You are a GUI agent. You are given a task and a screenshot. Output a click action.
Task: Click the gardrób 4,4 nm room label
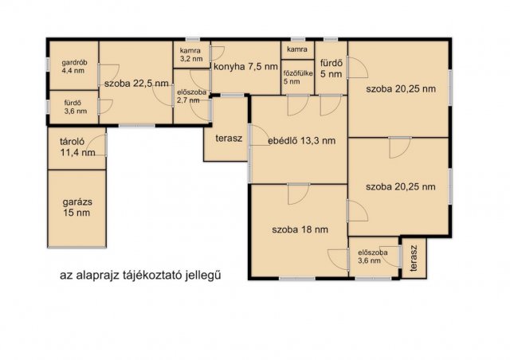(74, 67)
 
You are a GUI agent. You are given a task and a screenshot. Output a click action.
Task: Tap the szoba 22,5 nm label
(136, 84)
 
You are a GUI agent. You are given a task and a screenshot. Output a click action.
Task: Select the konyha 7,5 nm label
(245, 67)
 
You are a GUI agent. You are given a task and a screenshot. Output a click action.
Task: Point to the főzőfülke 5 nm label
(298, 77)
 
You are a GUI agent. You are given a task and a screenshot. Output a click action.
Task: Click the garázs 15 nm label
(77, 207)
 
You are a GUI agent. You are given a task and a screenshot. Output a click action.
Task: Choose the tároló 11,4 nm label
(77, 147)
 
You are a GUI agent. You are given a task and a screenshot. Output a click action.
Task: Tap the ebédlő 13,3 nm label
(301, 141)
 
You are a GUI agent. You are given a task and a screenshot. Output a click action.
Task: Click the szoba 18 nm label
(300, 229)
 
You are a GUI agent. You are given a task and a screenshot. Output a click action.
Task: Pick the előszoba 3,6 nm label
(372, 256)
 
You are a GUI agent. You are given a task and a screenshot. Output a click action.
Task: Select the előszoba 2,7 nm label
(191, 96)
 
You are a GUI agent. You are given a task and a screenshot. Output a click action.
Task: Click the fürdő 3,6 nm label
(76, 107)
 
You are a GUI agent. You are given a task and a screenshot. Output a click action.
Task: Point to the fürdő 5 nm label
(331, 68)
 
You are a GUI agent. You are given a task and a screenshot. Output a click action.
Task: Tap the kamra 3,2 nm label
(191, 55)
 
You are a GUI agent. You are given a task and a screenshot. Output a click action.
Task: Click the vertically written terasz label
(413, 258)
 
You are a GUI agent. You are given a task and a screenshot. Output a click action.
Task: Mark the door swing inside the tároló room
(97, 145)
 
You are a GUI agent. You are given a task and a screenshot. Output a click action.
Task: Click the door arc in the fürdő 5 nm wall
(358, 68)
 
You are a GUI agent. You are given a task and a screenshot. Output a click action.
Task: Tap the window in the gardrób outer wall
(48, 64)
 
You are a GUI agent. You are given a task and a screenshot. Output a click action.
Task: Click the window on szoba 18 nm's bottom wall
(297, 279)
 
